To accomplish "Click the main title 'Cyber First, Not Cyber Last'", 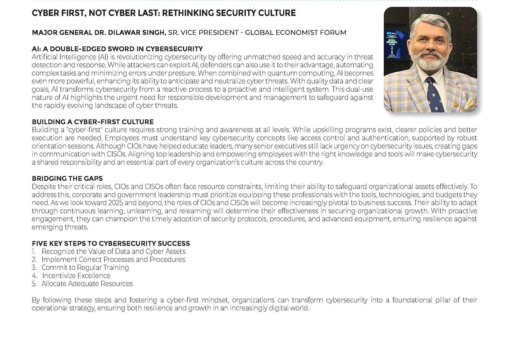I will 164,13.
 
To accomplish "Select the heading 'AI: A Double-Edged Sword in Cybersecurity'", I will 117,49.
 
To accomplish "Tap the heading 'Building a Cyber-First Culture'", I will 93,122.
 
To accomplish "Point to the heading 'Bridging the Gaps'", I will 67,179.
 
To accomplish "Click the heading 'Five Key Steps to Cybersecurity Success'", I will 111,244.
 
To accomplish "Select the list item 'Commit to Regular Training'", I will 85,268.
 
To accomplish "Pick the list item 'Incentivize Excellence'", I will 76,276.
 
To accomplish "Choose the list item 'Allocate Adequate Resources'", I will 87,284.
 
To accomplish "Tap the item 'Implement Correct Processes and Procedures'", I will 113,259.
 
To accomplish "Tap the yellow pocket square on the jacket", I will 469,103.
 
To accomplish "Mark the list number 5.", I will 34,284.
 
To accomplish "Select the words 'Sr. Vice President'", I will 203,32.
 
